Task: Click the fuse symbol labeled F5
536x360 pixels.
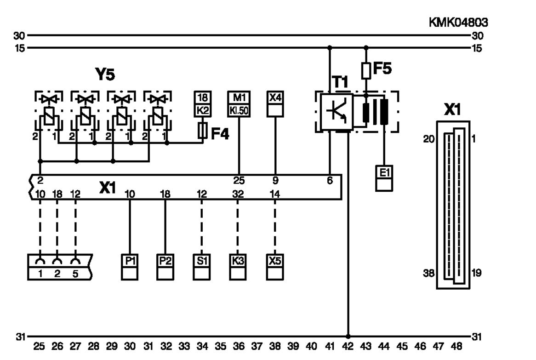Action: coord(366,71)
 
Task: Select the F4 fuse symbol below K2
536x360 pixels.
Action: coord(203,130)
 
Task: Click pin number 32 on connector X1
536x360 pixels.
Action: coord(238,194)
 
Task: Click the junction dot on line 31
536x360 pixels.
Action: coord(348,337)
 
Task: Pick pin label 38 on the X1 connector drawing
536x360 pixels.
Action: coord(429,273)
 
